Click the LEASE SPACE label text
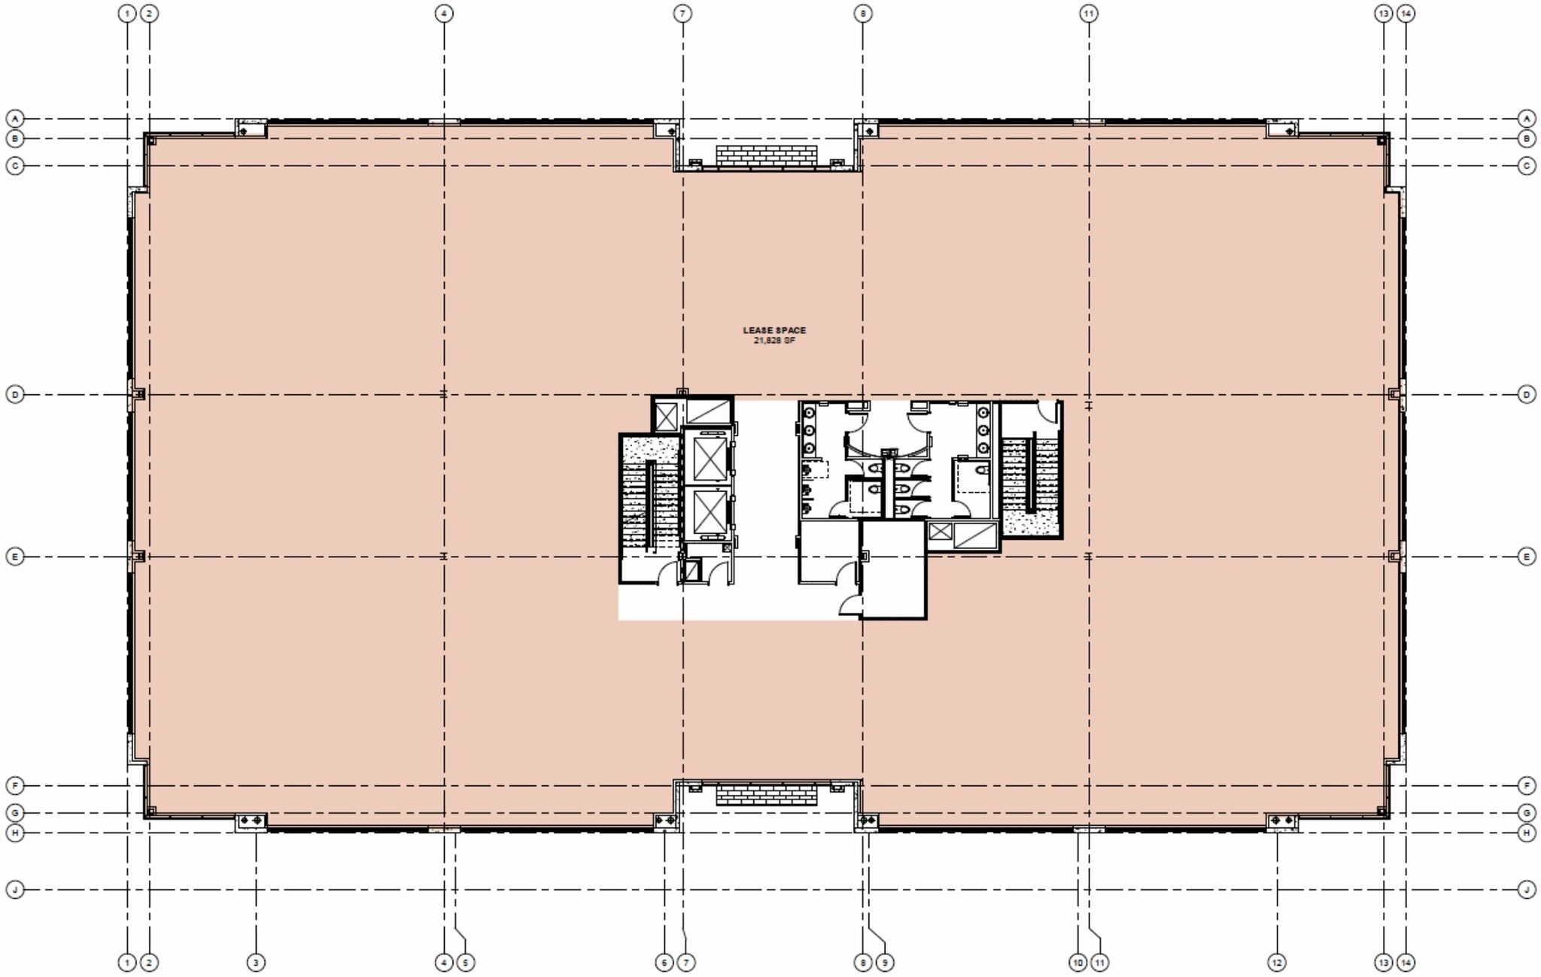click(774, 330)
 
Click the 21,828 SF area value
click(774, 341)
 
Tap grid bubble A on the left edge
click(15, 118)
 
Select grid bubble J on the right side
click(1527, 890)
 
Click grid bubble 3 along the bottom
click(256, 962)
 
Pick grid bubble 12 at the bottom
click(1277, 962)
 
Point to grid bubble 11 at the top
click(1089, 14)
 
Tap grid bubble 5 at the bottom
click(466, 962)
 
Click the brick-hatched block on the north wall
click(766, 155)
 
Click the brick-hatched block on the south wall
click(766, 795)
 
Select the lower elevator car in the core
click(710, 512)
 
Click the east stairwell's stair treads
click(1032, 475)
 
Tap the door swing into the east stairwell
click(1048, 412)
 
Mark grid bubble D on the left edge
click(15, 394)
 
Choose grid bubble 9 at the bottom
click(885, 962)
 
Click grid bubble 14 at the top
click(1405, 14)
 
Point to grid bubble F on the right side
click(1527, 785)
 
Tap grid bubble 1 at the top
click(127, 14)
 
